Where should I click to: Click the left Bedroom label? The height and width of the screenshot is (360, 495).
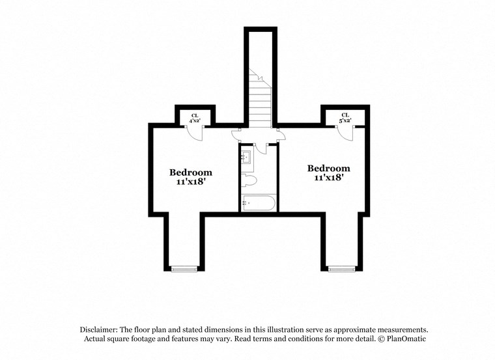pos(191,173)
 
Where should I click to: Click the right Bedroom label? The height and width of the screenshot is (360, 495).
pos(329,168)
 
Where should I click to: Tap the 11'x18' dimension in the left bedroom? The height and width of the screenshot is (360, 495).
pos(191,182)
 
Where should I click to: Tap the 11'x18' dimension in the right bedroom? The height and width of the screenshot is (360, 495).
pos(329,177)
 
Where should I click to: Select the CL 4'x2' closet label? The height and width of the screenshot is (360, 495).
pos(194,118)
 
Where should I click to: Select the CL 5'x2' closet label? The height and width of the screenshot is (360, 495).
pos(345,118)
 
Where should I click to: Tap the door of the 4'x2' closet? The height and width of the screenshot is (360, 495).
pos(195,131)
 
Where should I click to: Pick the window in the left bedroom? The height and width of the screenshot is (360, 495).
pos(183,268)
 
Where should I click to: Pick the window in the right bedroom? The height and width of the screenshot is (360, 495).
pos(341,268)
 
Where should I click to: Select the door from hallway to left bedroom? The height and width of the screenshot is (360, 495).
pos(238,135)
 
